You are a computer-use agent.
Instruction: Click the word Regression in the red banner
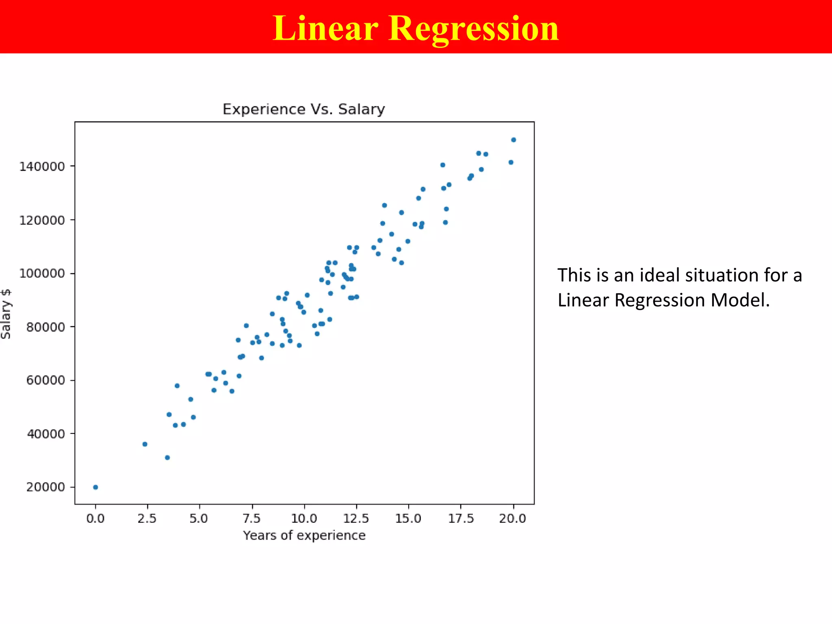point(474,28)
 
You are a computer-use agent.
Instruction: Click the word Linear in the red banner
point(325,28)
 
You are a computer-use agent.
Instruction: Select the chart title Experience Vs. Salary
point(303,109)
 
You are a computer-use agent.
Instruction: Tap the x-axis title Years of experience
point(304,535)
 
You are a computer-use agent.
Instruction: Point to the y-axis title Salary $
point(6,314)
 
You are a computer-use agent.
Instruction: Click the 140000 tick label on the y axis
point(42,167)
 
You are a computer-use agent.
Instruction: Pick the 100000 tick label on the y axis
point(42,273)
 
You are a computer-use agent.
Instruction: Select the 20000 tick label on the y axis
point(45,487)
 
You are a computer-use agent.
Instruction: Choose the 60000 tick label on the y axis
point(45,380)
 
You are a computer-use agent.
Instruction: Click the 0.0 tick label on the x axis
point(95,518)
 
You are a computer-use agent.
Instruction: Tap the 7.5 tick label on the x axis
point(252,518)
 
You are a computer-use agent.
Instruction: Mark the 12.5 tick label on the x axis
point(356,518)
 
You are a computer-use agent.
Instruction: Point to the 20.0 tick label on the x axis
point(513,518)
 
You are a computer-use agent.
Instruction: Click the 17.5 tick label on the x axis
point(461,518)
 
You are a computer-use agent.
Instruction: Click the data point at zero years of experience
point(95,487)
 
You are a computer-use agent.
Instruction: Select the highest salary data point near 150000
point(513,140)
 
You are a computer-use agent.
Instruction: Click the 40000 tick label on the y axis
point(45,434)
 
